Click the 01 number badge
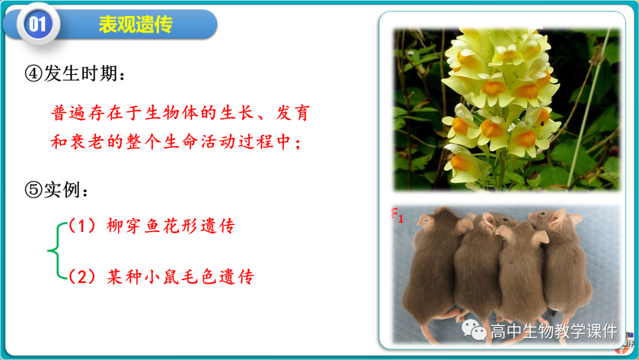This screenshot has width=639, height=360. pos(37,24)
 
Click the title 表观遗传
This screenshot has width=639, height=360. pos(135,24)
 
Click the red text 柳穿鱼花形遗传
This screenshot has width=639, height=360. pos(171,226)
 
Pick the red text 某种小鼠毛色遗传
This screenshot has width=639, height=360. pos(180,277)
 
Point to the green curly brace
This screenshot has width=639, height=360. pos(55,251)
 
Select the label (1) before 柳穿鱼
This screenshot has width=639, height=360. pos(81,226)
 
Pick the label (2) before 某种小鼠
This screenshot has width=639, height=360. pos(82,277)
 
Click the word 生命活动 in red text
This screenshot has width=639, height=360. pos(207,143)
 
